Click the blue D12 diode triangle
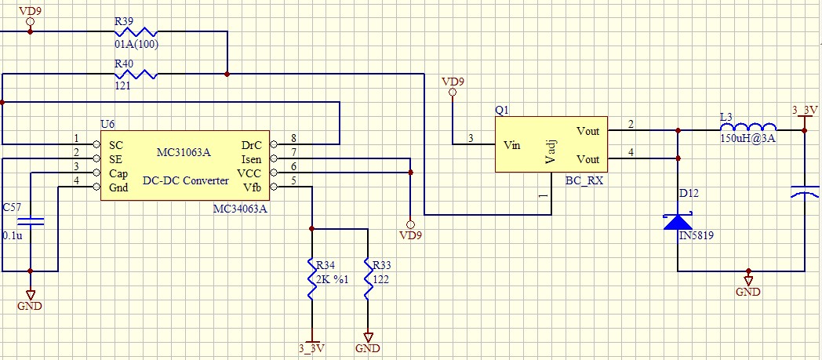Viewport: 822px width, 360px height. [x=678, y=221]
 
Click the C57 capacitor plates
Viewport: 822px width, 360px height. [x=30, y=223]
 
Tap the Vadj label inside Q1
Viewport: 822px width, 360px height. [x=550, y=150]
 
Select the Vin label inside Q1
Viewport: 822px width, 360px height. [x=511, y=145]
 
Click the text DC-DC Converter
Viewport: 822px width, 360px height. [x=185, y=181]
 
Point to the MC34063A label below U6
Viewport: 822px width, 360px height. [x=241, y=209]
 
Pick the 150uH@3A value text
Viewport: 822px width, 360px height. [x=747, y=140]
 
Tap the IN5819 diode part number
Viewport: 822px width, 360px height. [x=697, y=236]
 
